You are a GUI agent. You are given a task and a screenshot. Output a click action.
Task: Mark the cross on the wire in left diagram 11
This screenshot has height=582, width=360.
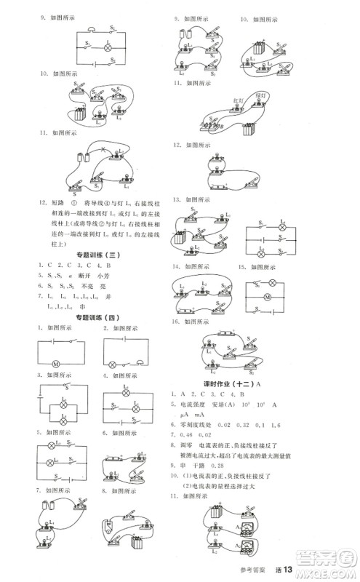[x=103, y=151]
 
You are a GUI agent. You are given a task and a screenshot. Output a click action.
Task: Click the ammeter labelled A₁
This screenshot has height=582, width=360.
[x=250, y=531]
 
